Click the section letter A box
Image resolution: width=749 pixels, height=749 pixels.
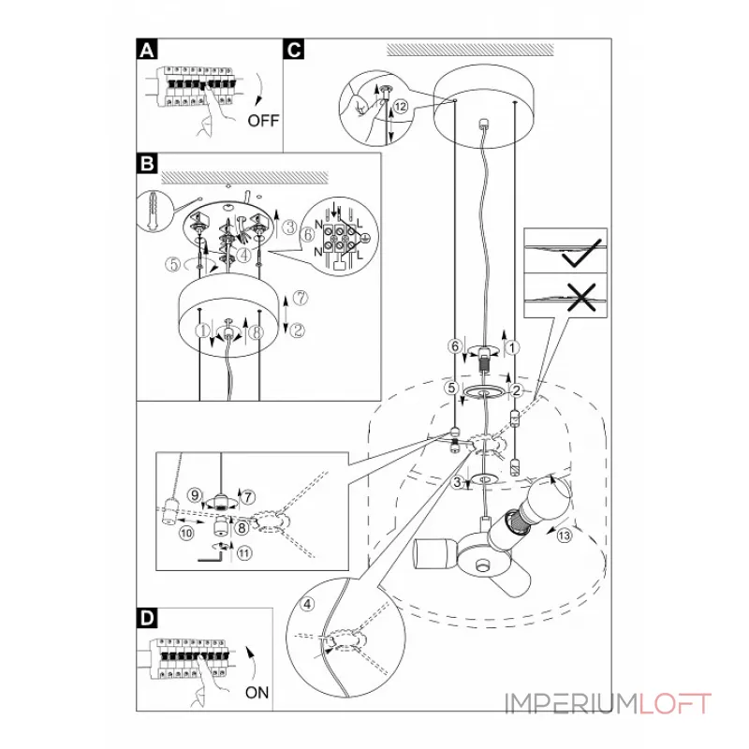click(147, 50)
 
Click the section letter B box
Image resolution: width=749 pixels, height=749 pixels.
click(147, 163)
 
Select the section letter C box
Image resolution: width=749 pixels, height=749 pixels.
click(294, 50)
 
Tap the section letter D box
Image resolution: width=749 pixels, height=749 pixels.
click(147, 618)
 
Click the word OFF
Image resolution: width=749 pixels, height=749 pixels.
click(263, 121)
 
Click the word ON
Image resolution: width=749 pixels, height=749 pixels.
click(257, 693)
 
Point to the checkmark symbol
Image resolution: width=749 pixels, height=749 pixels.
click(581, 253)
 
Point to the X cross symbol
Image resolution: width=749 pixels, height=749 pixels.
click(580, 297)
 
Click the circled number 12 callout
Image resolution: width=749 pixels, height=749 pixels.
click(401, 106)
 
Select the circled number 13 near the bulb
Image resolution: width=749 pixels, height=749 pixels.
click(565, 536)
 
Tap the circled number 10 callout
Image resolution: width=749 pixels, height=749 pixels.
click(186, 533)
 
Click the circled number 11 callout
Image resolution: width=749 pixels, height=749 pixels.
click(244, 553)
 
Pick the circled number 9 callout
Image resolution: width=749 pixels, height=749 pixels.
click(195, 495)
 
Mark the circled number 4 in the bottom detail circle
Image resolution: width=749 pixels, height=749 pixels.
click(308, 604)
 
